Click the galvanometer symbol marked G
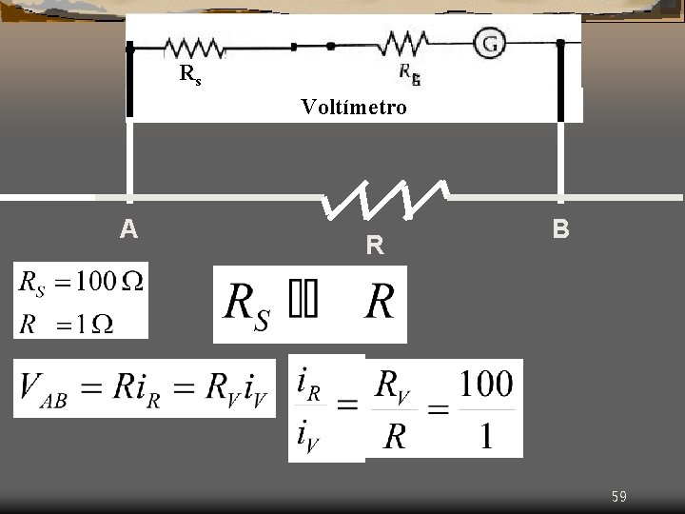click(488, 43)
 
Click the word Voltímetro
click(354, 107)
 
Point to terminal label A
click(129, 229)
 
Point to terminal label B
click(561, 229)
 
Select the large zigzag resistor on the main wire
click(384, 198)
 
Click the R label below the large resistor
click(375, 247)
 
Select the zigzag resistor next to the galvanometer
click(403, 44)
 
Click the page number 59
click(618, 496)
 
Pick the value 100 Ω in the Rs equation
click(108, 282)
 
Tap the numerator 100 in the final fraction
click(486, 385)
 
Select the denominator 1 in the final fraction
click(486, 436)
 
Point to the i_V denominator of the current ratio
click(309, 438)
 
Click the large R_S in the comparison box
click(245, 304)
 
